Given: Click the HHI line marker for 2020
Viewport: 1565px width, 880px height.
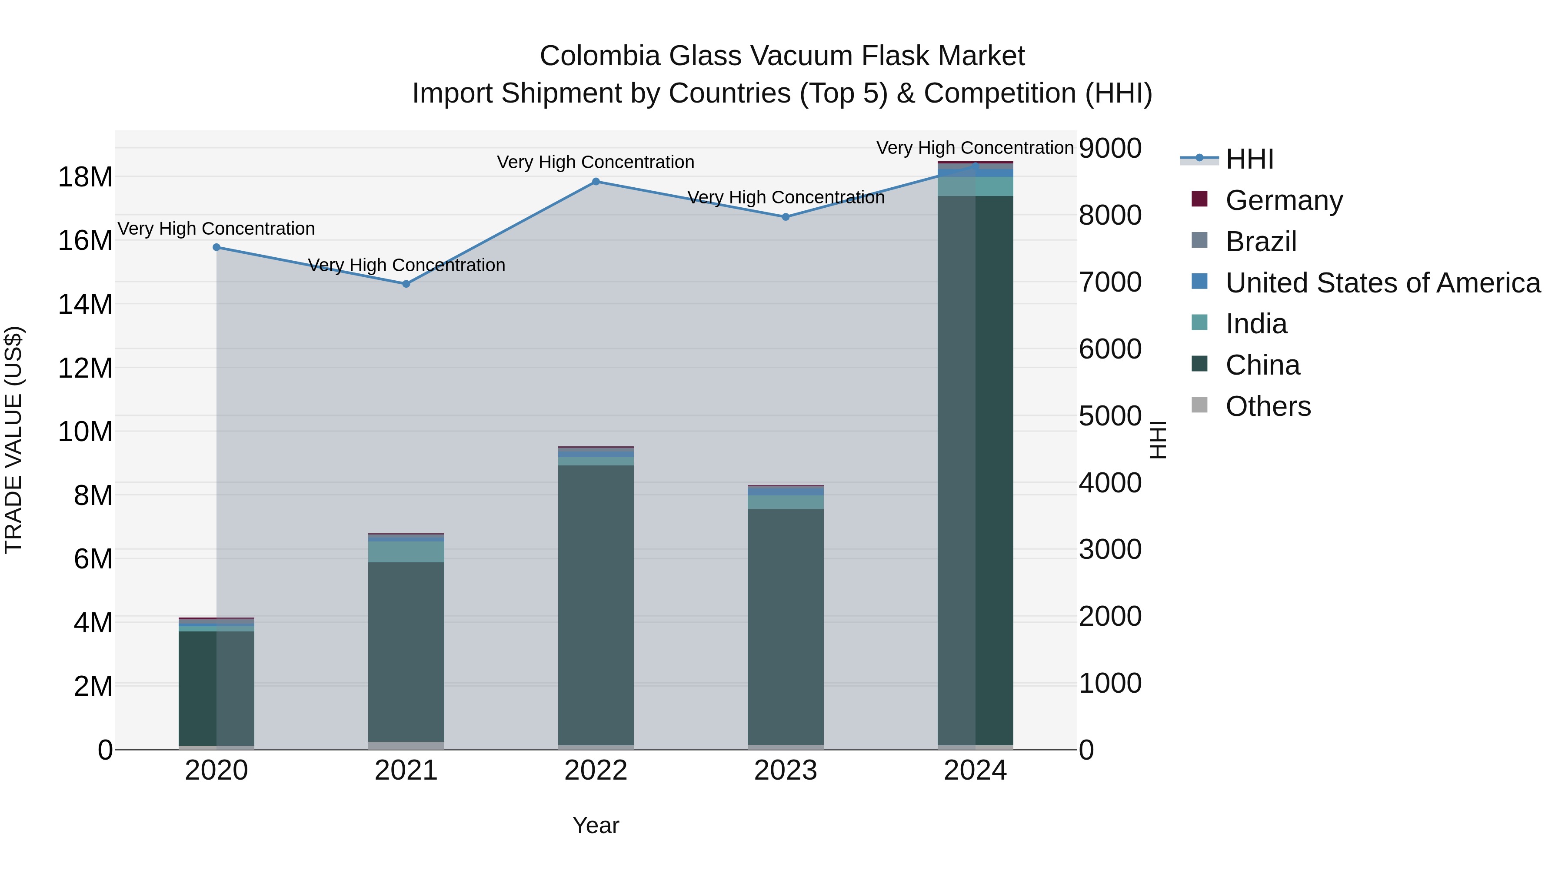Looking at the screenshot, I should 216,247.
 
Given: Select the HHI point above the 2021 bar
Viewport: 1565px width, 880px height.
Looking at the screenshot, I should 406,284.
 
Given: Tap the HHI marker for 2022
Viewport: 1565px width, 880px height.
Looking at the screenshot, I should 596,182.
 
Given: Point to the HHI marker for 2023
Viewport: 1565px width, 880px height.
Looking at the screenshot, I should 786,217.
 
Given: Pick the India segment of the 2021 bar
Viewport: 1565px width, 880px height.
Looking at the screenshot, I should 406,551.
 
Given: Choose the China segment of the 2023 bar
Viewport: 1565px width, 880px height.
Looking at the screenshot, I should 786,625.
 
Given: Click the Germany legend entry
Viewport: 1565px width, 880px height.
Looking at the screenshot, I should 1284,200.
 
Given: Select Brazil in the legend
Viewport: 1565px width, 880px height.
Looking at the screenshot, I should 1261,242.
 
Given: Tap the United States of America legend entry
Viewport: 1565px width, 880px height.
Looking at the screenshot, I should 1383,283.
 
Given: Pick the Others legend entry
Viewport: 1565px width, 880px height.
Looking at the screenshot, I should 1268,406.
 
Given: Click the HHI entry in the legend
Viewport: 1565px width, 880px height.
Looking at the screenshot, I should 1249,159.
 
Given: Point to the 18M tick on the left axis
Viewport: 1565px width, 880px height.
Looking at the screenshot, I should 85,177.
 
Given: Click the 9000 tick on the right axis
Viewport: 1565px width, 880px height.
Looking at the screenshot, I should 1110,148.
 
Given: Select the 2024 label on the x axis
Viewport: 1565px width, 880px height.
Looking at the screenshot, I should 975,770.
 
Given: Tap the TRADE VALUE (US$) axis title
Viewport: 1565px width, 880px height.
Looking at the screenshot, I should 13,440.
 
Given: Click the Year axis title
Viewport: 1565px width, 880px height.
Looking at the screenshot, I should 596,825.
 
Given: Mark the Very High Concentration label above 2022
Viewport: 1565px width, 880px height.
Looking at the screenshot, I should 596,162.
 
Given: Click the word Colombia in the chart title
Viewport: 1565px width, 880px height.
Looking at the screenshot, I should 599,56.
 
